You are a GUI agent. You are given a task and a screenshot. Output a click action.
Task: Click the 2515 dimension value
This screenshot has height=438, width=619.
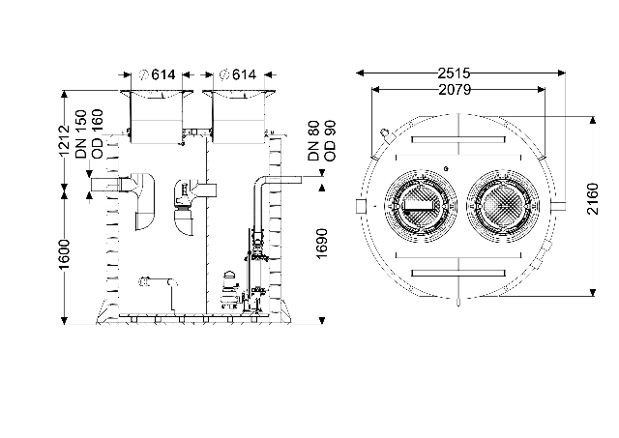point(454,73)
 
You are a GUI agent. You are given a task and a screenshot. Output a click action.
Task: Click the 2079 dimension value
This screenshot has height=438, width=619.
point(455,90)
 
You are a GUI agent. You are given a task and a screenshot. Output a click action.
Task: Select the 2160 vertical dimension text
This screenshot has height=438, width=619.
point(593,199)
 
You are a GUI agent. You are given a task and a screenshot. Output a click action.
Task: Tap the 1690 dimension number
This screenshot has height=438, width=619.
point(322,244)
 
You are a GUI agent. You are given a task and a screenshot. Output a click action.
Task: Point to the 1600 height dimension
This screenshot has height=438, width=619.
point(64,254)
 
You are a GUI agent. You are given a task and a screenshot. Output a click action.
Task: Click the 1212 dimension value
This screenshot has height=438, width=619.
point(64,141)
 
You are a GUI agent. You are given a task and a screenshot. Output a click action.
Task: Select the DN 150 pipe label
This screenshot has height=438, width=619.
point(81,134)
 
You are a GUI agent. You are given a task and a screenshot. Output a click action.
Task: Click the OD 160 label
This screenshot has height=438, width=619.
point(97,134)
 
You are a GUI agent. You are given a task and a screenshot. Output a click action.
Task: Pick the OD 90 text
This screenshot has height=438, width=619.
point(330,141)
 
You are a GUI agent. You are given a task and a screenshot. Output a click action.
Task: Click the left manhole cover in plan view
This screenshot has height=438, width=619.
point(420,206)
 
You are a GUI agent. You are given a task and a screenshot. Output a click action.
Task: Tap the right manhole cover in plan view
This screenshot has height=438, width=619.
point(503,206)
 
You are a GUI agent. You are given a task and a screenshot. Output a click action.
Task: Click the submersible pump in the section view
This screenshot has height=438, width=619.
point(229,289)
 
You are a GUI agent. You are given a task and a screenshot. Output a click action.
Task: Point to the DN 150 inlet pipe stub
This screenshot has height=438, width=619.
point(105,185)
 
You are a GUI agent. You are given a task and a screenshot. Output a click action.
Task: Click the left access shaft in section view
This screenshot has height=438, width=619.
point(157,118)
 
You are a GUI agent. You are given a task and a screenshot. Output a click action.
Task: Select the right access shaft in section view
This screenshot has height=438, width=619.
point(239,118)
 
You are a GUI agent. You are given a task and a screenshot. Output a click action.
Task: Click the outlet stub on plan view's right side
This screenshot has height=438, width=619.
point(559,206)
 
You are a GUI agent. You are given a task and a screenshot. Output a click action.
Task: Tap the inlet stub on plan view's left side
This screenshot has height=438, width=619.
point(361,206)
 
